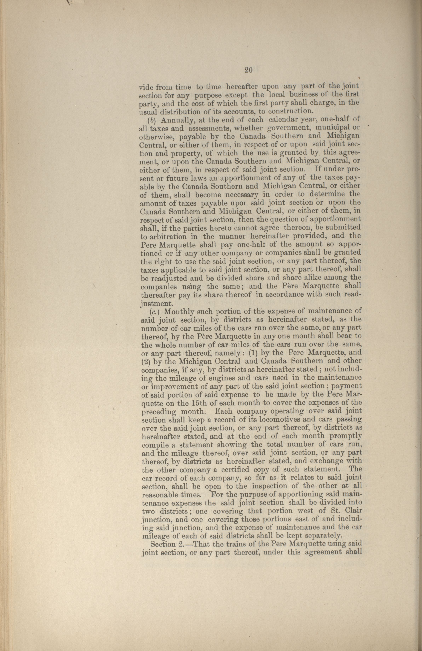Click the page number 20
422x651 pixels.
(x=248, y=70)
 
